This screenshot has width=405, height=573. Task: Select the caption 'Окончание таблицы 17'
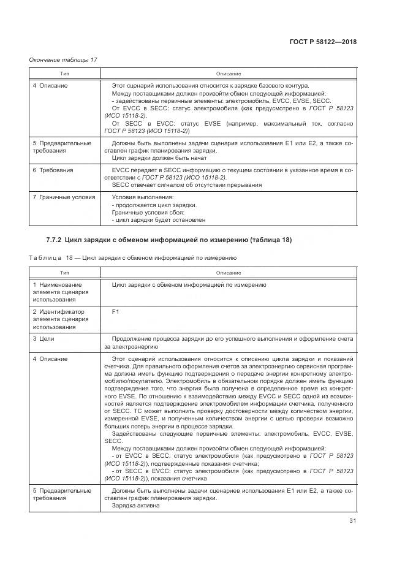[63, 59]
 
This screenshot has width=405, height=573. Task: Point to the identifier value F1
[116, 312]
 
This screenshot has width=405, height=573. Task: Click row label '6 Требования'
[53, 170]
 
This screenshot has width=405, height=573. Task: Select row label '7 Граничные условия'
[64, 197]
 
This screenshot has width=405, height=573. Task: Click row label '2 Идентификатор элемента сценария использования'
[58, 319]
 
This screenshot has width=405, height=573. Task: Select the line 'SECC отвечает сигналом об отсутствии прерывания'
[186, 184]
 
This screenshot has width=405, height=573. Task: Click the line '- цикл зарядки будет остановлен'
[158, 219]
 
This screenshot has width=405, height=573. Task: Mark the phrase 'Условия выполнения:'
[143, 197]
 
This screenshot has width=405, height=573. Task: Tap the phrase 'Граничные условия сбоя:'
[148, 212]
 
